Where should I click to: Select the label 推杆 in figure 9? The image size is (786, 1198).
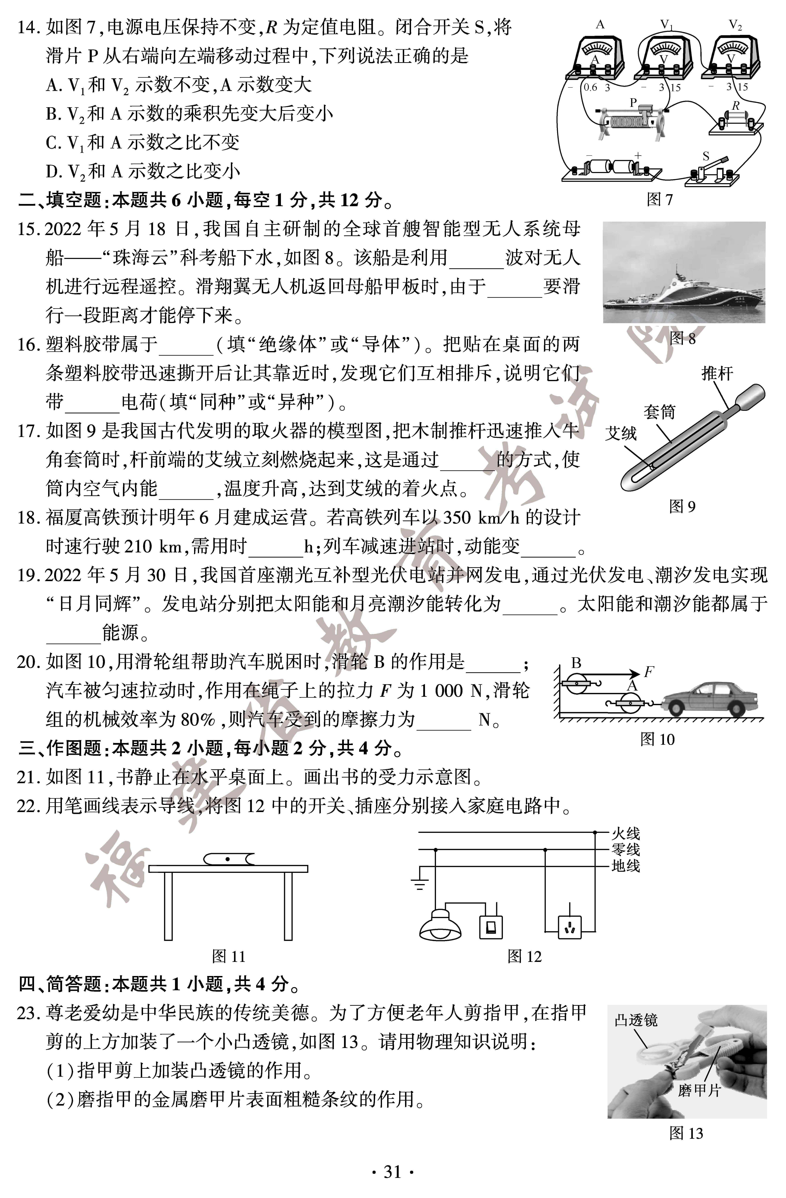[717, 374]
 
